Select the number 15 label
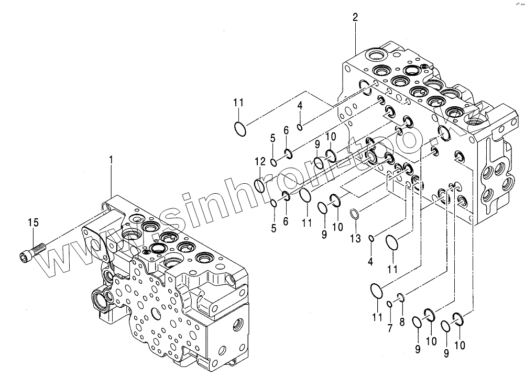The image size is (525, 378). point(33,223)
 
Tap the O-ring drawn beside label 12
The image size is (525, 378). point(260,184)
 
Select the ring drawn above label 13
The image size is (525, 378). point(355,213)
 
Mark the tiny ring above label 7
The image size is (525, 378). point(390,305)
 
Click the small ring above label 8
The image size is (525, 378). point(401,298)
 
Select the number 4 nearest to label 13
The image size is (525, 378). point(370,261)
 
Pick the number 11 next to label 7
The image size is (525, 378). point(377,317)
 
